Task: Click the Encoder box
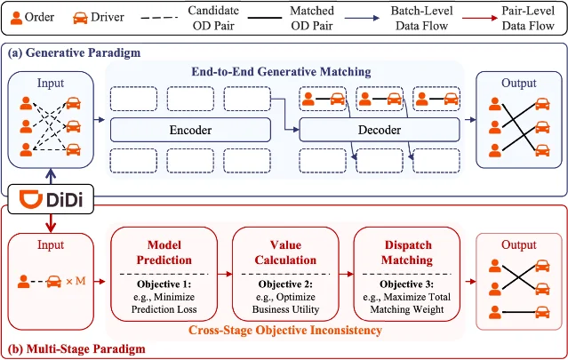[190, 130]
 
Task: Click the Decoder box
[380, 130]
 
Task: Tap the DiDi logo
[51, 199]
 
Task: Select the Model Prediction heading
[164, 252]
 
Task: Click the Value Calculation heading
[285, 252]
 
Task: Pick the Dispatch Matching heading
[407, 252]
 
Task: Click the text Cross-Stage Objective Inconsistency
[285, 331]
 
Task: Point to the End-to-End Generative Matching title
[281, 71]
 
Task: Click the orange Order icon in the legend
[16, 18]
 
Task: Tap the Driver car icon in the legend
[80, 18]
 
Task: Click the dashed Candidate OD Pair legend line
[159, 18]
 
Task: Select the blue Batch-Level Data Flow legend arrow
[362, 18]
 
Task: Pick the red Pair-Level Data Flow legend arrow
[480, 18]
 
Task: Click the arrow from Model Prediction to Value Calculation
[225, 274]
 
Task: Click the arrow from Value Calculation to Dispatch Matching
[347, 274]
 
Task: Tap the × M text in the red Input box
[76, 281]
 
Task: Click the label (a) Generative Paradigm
[75, 52]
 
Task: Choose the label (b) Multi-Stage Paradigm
[76, 348]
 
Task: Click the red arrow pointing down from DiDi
[51, 223]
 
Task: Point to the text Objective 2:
[285, 284]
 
